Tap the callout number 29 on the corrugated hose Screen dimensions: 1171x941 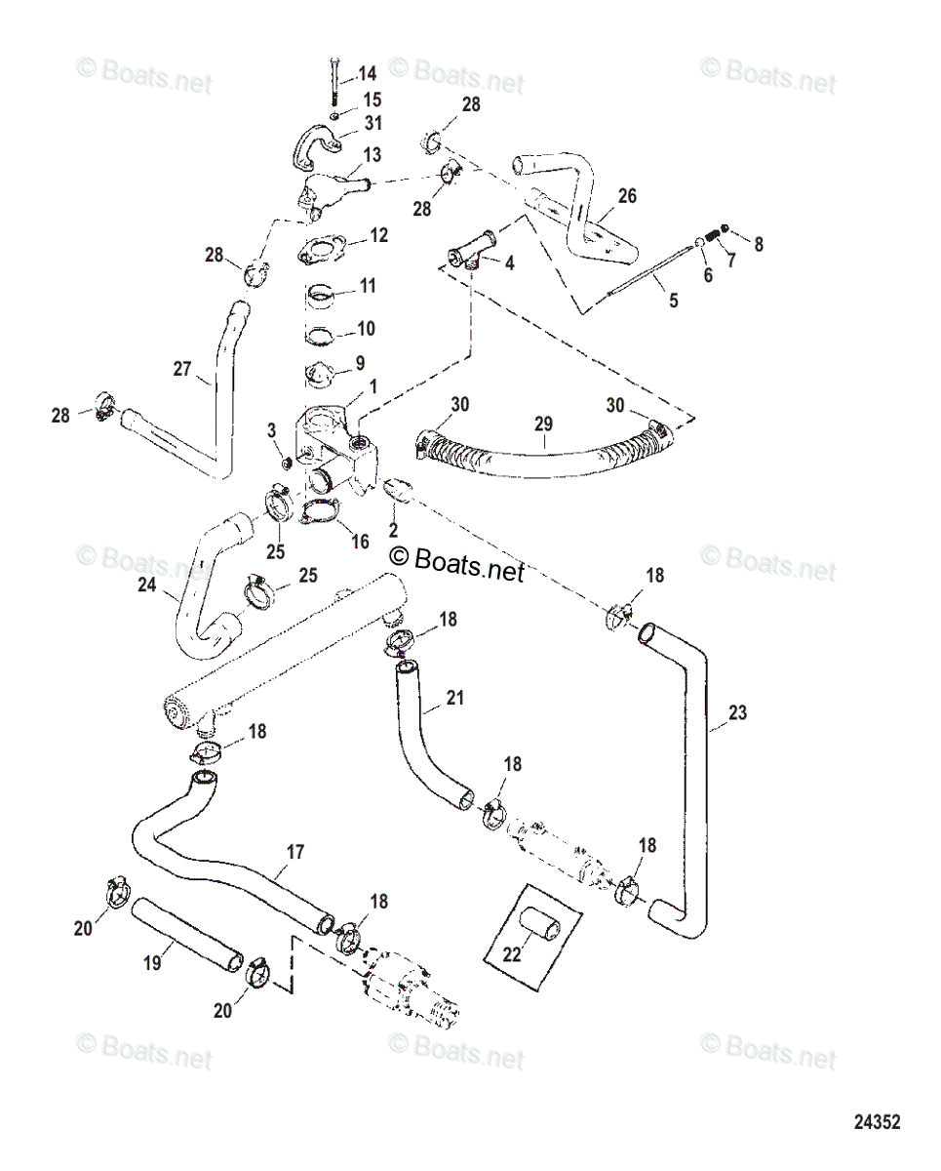(x=543, y=424)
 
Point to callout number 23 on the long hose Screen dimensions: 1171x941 (x=738, y=713)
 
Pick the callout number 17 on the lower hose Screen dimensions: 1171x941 (x=295, y=852)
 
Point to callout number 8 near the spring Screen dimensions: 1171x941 (x=758, y=245)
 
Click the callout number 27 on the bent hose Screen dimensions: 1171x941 (x=181, y=369)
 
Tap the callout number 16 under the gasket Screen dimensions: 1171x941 (x=360, y=541)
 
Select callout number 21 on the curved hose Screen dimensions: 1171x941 (x=455, y=699)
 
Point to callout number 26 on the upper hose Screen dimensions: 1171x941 (x=626, y=196)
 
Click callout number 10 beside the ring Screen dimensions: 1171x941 (x=366, y=329)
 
